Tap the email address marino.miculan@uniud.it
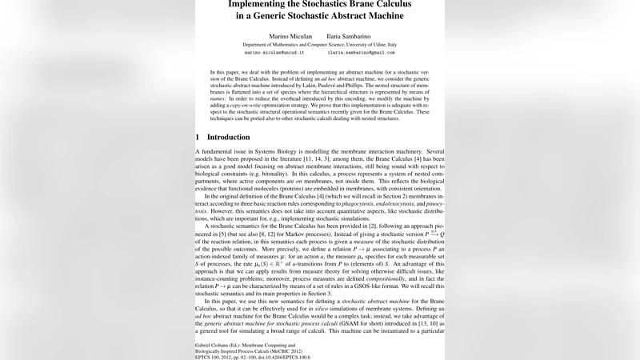pos(274,53)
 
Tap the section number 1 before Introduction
pos(198,137)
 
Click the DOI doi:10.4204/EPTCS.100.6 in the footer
pos(281,357)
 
